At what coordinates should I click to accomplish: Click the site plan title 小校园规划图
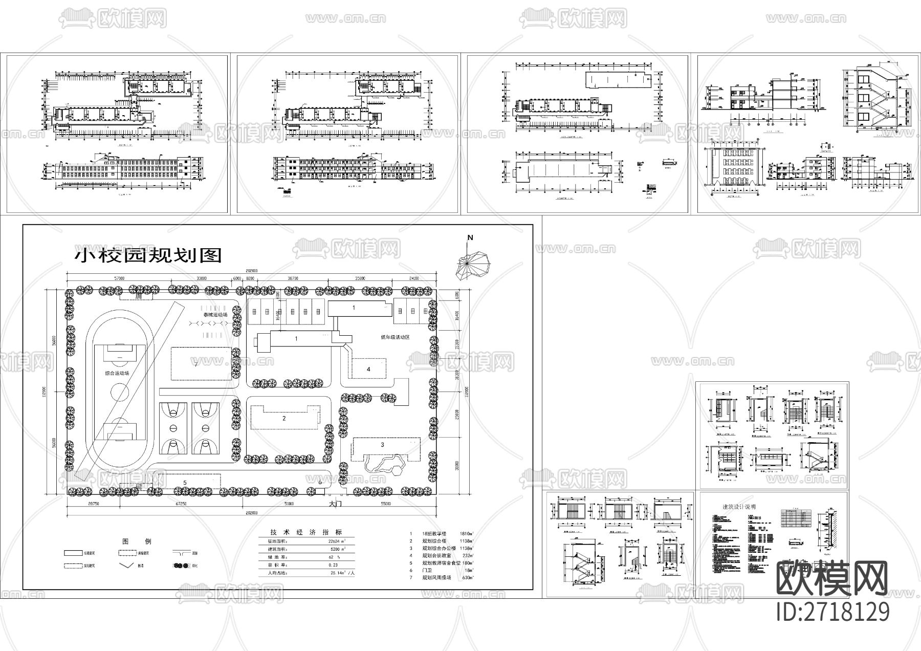pyautogui.click(x=149, y=254)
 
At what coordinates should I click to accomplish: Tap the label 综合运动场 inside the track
pyautogui.click(x=117, y=373)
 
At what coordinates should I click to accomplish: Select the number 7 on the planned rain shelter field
pyautogui.click(x=196, y=364)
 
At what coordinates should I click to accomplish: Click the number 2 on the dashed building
pyautogui.click(x=284, y=418)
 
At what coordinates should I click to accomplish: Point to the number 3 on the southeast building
pyautogui.click(x=382, y=445)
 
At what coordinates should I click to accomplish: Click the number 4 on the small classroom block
pyautogui.click(x=368, y=368)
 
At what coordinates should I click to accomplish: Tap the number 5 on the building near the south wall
pyautogui.click(x=185, y=482)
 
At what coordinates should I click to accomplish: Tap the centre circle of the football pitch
pyautogui.click(x=120, y=393)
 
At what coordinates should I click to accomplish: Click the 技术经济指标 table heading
pyautogui.click(x=306, y=532)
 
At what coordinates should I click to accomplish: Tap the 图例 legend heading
pyautogui.click(x=130, y=541)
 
